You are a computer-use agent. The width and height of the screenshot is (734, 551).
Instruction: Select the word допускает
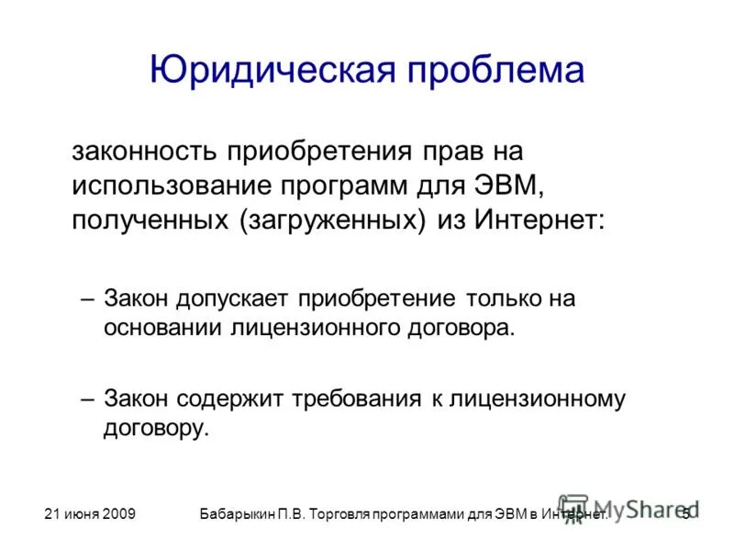tap(242, 299)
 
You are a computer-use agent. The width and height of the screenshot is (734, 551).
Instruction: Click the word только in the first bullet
tap(503, 299)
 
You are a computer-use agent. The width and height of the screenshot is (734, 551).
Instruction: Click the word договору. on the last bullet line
tap(156, 429)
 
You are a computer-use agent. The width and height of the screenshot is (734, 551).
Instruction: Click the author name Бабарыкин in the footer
tap(241, 515)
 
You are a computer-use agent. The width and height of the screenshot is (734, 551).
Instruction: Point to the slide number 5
tap(685, 515)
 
